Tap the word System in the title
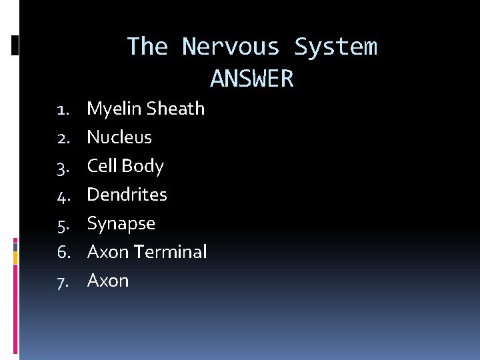click(335, 47)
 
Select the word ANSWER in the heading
click(252, 79)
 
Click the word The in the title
click(147, 47)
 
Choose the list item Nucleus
click(119, 137)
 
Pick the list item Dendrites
click(127, 195)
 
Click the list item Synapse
click(121, 224)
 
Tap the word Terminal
click(170, 252)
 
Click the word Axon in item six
click(108, 252)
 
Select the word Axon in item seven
click(108, 281)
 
